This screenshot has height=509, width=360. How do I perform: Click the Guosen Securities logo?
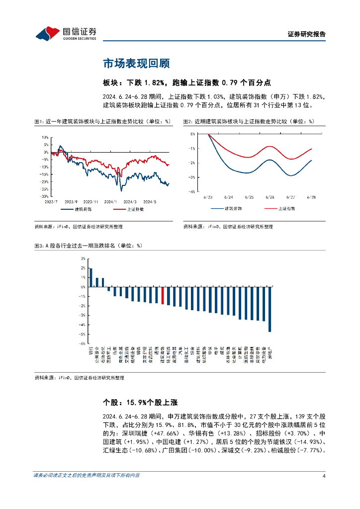(x=66, y=34)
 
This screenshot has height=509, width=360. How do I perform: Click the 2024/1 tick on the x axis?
(x=112, y=201)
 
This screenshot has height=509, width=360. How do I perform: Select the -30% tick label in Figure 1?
(x=44, y=196)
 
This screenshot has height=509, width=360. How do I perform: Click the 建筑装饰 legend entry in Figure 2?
(x=227, y=209)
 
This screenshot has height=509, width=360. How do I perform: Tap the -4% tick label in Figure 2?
(x=192, y=191)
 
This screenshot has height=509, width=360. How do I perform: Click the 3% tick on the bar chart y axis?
(x=83, y=258)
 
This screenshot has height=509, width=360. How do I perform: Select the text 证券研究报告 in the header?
(x=307, y=34)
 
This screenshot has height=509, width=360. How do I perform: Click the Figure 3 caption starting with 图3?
(x=88, y=246)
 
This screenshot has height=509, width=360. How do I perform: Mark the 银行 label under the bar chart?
(x=91, y=352)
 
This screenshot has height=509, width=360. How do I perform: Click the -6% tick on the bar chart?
(x=83, y=343)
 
